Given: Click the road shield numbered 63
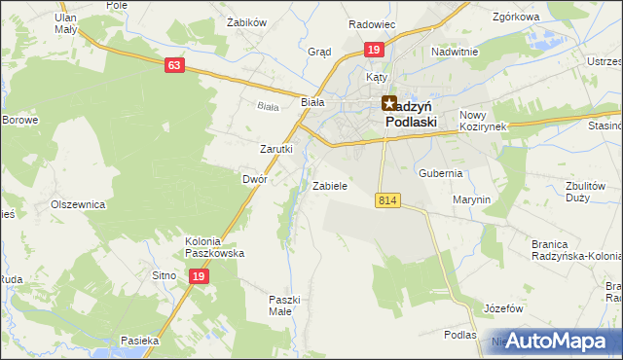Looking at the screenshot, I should click(x=174, y=65).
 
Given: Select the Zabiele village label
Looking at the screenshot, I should click(x=330, y=185).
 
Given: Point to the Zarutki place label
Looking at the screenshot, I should click(x=275, y=149).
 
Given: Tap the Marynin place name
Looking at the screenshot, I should click(x=471, y=199).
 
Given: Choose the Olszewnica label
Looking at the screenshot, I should click(x=77, y=205).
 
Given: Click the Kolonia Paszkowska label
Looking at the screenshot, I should click(x=215, y=247).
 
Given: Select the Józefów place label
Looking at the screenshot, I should click(x=503, y=308).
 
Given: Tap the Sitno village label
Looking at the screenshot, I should click(x=164, y=276).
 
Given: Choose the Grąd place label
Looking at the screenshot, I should click(x=319, y=52).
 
